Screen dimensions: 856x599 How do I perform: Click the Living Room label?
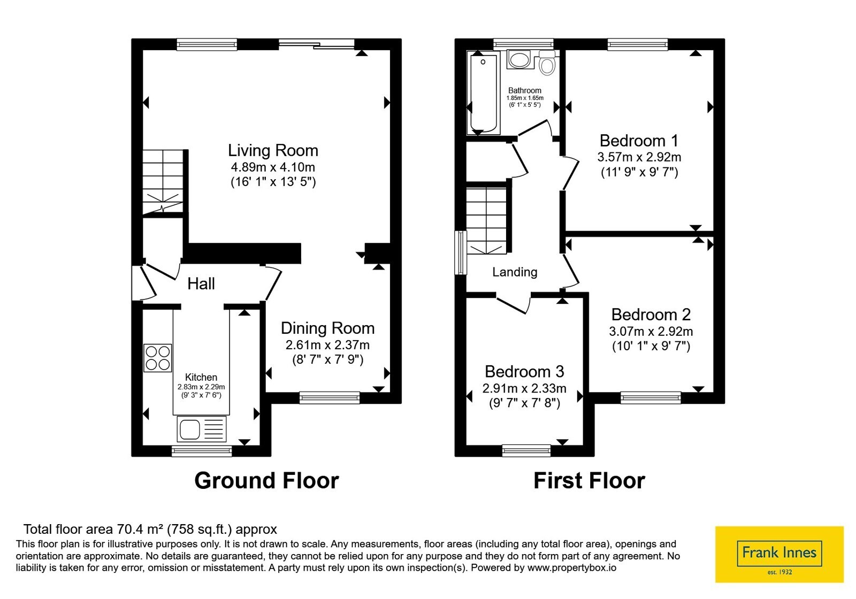click(x=273, y=150)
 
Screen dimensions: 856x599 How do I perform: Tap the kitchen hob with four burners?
click(x=157, y=358)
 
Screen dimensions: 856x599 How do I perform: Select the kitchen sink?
click(x=201, y=429)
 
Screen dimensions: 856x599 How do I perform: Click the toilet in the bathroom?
click(x=547, y=64)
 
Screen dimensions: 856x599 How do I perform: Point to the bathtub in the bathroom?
click(x=484, y=94)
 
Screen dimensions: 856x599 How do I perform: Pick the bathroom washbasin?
click(x=518, y=59)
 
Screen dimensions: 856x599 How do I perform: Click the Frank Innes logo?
click(x=779, y=554)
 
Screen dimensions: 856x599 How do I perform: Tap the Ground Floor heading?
click(x=266, y=481)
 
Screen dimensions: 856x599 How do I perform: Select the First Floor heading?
click(x=589, y=481)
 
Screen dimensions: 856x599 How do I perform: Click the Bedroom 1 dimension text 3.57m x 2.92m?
click(x=639, y=157)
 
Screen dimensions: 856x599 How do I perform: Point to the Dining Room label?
click(x=327, y=328)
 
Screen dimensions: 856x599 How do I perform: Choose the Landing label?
click(x=514, y=272)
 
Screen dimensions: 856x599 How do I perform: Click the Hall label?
click(x=201, y=284)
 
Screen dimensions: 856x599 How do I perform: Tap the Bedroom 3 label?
click(x=524, y=371)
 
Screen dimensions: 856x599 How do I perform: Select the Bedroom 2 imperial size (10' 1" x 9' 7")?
click(x=651, y=346)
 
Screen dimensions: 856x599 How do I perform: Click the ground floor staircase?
click(x=163, y=182)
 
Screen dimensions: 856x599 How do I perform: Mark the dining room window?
click(x=330, y=398)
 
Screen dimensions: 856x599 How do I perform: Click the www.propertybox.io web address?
click(x=572, y=567)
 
